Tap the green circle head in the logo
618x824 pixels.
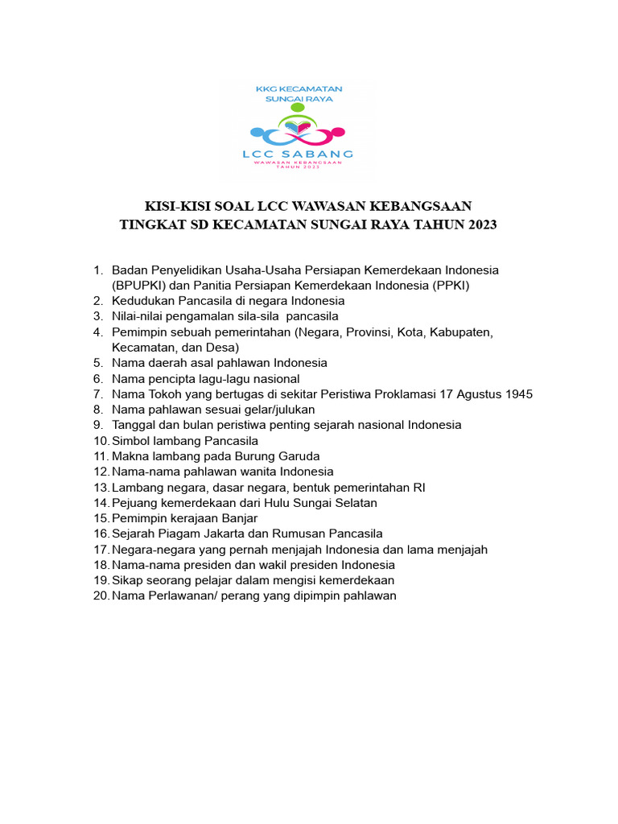pos(298,107)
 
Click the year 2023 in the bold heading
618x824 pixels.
pos(480,225)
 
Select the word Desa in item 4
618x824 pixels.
pos(220,347)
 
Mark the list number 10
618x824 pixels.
pos(100,440)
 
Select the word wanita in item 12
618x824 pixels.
pos(249,472)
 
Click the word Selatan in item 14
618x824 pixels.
pos(353,502)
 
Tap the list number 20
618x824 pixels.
pos(100,595)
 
